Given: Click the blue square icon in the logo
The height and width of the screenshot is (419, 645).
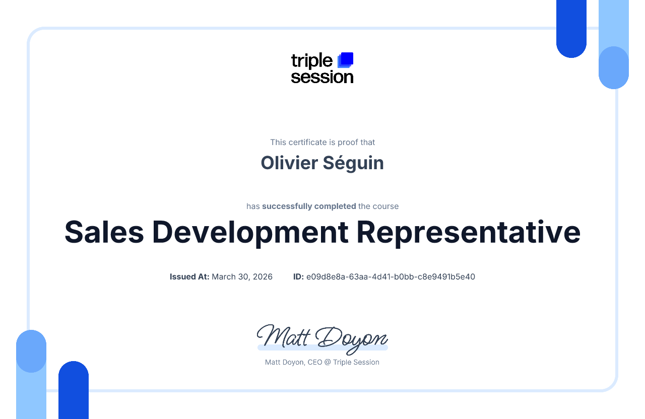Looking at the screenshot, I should tap(346, 59).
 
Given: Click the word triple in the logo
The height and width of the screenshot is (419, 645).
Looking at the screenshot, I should tap(311, 61).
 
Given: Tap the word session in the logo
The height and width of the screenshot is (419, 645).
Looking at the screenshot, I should tap(322, 77).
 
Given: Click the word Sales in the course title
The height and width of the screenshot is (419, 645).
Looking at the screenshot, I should tap(104, 232).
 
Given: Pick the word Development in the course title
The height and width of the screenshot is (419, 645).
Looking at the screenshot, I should tap(250, 232).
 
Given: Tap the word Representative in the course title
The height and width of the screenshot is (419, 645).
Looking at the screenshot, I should tap(468, 232).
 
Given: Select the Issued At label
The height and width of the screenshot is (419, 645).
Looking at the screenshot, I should tap(189, 276).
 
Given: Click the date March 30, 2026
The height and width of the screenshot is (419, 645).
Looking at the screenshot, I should tap(242, 276).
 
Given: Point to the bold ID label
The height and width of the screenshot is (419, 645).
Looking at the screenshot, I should tap(298, 276).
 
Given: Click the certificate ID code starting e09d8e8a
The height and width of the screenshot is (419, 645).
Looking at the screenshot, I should tap(391, 276).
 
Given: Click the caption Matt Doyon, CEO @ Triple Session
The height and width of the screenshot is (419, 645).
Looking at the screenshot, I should tap(322, 362).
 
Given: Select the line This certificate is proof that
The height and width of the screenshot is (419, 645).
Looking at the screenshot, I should tap(322, 143).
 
